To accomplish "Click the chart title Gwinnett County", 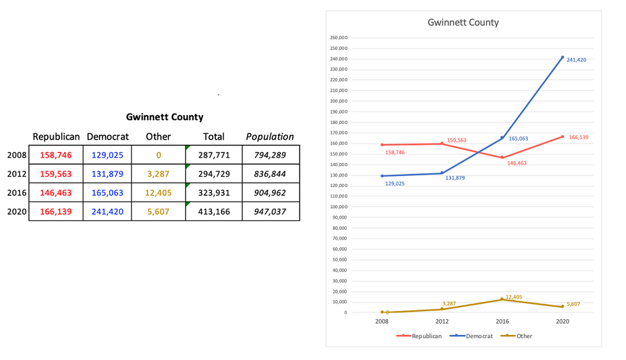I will [463, 22].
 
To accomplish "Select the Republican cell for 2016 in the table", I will [56, 193].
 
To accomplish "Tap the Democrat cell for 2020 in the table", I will [107, 212].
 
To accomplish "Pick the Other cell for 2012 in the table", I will [158, 174].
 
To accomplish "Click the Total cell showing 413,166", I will [213, 212].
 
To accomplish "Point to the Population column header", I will [270, 137].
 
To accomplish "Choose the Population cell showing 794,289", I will [270, 155].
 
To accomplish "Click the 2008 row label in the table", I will [17, 155].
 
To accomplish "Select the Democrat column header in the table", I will [107, 137].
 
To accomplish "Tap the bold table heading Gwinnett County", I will [165, 117].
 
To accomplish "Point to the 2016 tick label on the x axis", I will [502, 322].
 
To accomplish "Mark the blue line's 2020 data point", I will [562, 57].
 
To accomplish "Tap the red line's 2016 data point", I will [502, 158].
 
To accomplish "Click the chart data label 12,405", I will [514, 297].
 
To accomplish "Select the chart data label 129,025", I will [395, 184].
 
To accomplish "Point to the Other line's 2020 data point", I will [562, 306].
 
